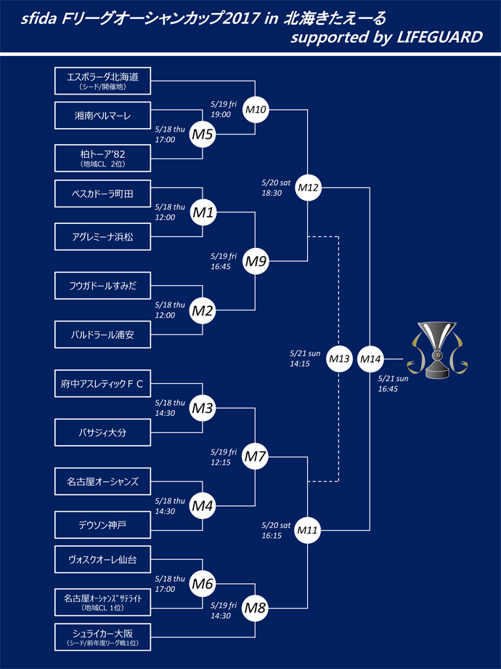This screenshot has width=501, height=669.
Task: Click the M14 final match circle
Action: (x=371, y=358)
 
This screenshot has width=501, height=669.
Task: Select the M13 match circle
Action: (x=339, y=358)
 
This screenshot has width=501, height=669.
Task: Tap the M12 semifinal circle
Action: (x=309, y=188)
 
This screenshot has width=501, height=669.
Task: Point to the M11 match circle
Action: (x=309, y=531)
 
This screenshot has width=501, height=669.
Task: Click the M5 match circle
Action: (x=203, y=134)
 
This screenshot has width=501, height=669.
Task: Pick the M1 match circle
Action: (x=203, y=213)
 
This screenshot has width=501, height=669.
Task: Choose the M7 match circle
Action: (x=255, y=457)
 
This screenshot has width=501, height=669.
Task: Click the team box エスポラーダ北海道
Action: (x=102, y=80)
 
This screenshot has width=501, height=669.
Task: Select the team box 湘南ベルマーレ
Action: (x=102, y=115)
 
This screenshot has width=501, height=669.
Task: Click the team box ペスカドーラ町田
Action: (x=102, y=193)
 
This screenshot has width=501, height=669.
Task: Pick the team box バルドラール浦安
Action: (x=102, y=335)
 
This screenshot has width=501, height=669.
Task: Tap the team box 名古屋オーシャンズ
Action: (x=102, y=481)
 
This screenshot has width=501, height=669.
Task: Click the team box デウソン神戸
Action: (x=102, y=524)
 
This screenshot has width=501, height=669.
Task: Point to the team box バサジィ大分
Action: (x=102, y=432)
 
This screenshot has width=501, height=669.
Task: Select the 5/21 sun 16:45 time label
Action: (x=394, y=384)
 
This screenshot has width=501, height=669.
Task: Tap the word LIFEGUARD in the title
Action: (x=440, y=38)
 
